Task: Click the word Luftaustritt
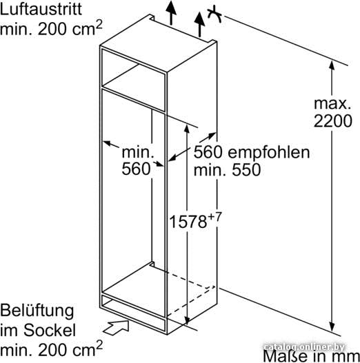click(x=41, y=9)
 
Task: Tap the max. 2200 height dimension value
click(x=332, y=112)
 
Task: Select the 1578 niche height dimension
click(x=188, y=222)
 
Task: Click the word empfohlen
click(x=269, y=153)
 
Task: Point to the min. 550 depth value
click(x=227, y=169)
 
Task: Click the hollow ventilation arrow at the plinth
click(x=116, y=327)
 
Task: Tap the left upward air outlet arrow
click(x=171, y=12)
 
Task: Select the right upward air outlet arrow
click(x=199, y=25)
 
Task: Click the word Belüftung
click(x=37, y=311)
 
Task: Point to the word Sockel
click(x=50, y=330)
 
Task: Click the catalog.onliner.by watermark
click(x=304, y=347)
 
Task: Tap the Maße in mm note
click(x=311, y=356)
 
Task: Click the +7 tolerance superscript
click(x=215, y=217)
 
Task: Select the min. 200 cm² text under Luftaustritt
click(x=51, y=28)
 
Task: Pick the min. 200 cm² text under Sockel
click(x=51, y=349)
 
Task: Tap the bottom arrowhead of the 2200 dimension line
click(x=332, y=326)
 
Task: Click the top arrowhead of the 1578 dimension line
click(x=187, y=129)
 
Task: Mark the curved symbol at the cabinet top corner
click(x=214, y=14)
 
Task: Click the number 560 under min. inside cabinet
click(x=136, y=169)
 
